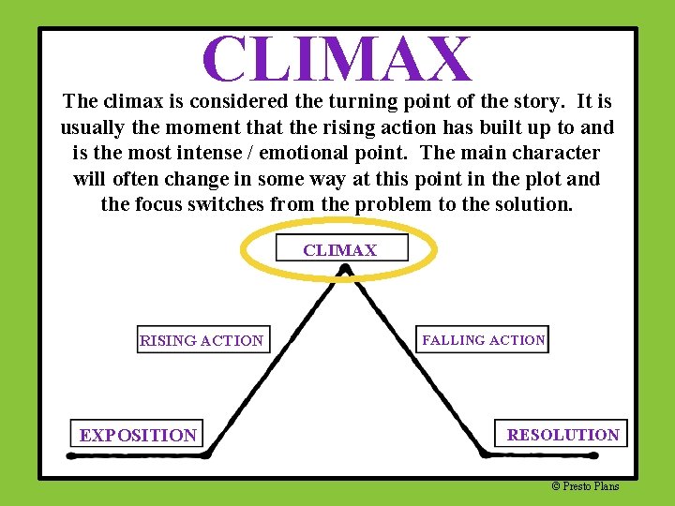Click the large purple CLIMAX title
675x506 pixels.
[337, 58]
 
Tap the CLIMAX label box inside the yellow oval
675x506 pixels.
[341, 249]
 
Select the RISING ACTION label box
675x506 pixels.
[202, 340]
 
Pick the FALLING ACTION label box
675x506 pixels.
[483, 340]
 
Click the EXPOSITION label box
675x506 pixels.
[138, 435]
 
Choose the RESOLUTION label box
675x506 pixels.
[562, 434]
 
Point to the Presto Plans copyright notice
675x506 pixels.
[585, 485]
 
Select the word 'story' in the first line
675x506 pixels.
[513, 101]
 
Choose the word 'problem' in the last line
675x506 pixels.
[392, 203]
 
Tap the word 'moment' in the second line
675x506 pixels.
[197, 127]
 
